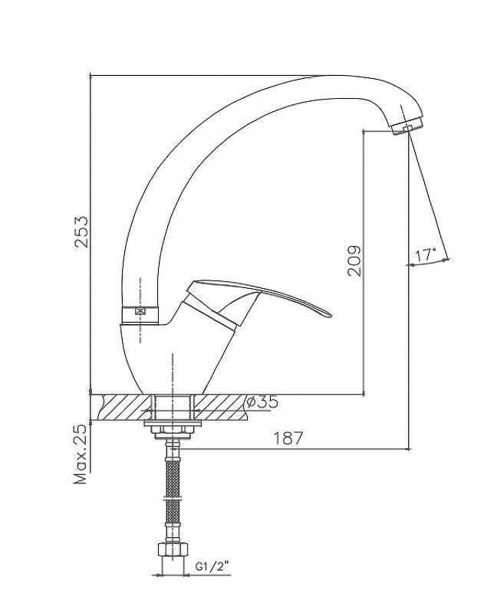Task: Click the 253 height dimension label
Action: point(83,231)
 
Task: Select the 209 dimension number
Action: point(354,261)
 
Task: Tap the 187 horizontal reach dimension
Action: point(288,438)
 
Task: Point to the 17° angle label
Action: point(425,256)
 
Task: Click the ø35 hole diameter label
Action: point(262,402)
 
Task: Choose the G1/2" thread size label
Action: point(212,567)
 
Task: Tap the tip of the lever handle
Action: point(331,315)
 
